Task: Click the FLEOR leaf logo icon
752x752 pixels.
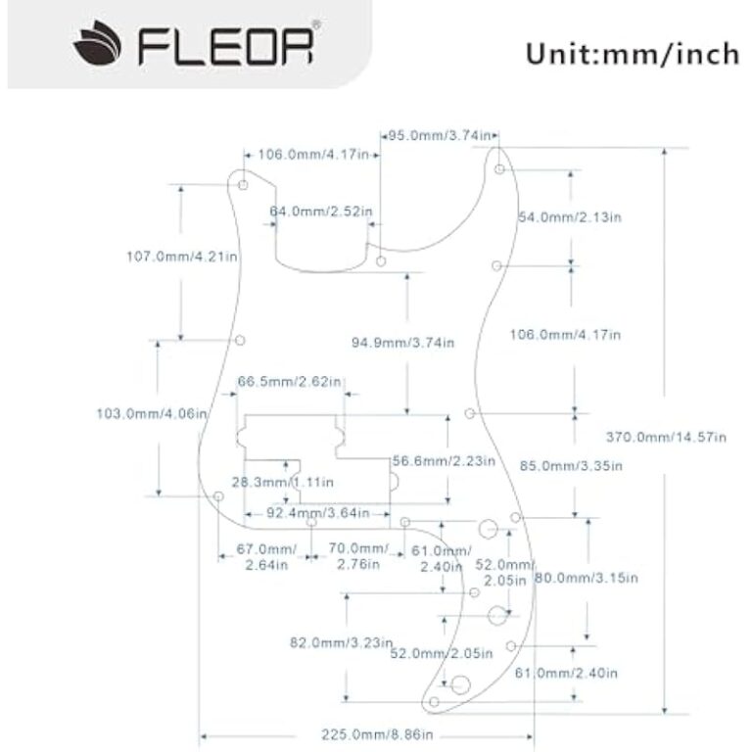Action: point(97,44)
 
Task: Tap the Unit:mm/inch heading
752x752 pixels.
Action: point(631,52)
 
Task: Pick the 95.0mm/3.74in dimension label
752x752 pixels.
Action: point(438,136)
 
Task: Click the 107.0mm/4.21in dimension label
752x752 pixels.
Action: point(183,257)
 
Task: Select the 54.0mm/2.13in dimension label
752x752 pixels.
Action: point(570,216)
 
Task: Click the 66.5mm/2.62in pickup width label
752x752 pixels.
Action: point(290,381)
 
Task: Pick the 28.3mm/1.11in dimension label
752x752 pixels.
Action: point(281,482)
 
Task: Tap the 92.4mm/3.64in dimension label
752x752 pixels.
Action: point(317,512)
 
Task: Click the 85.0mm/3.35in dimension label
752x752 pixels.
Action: point(569,466)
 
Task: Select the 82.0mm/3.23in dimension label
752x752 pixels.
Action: point(340,643)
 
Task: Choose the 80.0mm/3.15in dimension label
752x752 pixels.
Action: point(586,579)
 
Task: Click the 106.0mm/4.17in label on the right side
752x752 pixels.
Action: point(566,334)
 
